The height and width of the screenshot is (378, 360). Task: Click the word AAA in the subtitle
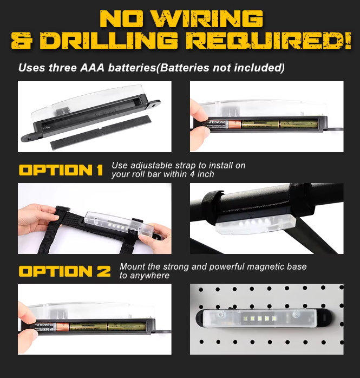coord(92,68)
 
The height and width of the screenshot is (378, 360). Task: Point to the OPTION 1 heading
coord(61,170)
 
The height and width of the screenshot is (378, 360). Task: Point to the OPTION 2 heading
coord(64,271)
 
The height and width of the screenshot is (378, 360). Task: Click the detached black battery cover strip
coord(100,133)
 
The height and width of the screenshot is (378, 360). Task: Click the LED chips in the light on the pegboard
coord(259,318)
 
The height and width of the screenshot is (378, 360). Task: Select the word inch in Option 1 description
coord(205,174)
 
